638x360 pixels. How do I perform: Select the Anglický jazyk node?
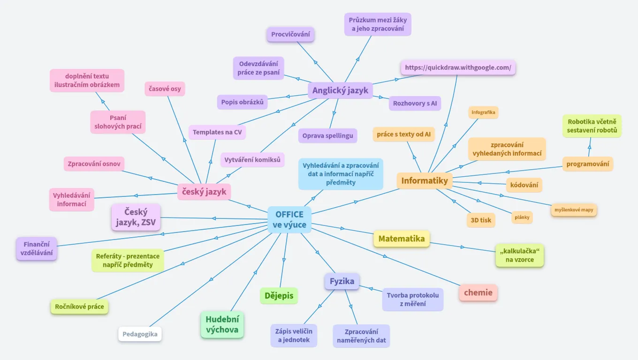(x=341, y=90)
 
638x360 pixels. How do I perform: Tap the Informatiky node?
(x=425, y=180)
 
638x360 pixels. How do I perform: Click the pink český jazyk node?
(x=205, y=191)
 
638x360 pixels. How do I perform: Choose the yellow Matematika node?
(x=402, y=239)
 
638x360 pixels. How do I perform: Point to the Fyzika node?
(x=342, y=281)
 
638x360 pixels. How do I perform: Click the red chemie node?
(x=478, y=292)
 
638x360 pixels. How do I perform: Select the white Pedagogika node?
(x=140, y=334)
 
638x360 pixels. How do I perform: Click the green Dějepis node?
(x=279, y=296)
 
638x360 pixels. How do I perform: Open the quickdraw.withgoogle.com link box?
(x=458, y=67)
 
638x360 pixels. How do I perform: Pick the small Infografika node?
(x=483, y=112)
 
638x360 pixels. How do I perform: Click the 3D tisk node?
(x=481, y=220)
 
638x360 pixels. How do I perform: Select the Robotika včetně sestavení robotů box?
(x=592, y=126)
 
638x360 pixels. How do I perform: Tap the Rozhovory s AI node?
(x=415, y=103)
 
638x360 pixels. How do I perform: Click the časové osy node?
(x=165, y=89)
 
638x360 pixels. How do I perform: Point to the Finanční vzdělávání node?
(x=37, y=249)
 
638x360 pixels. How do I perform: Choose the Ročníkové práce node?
(x=79, y=307)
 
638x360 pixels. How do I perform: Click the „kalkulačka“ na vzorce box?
(x=519, y=255)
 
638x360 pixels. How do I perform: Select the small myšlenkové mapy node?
(x=574, y=210)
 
